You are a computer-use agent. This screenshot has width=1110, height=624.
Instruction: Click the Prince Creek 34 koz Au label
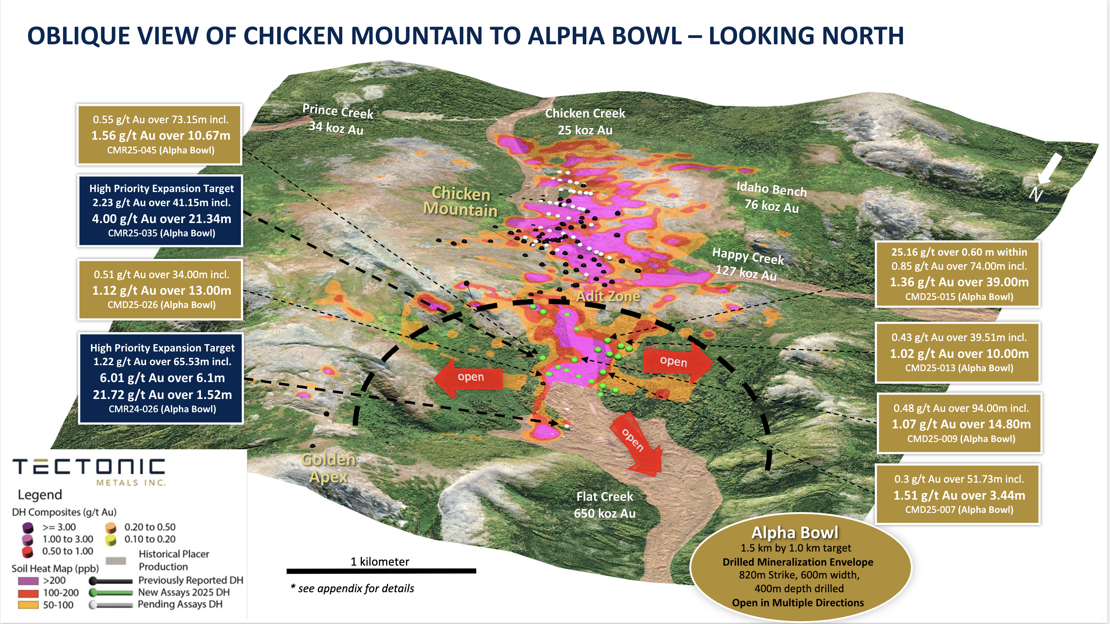pos(337,119)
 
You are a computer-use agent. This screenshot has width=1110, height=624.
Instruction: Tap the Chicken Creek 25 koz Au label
pos(585,122)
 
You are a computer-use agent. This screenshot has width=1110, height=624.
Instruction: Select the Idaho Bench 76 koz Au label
pos(771,197)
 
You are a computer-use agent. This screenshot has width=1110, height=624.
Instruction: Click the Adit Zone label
pos(608,296)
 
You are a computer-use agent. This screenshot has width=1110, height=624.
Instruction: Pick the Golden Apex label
pos(328,468)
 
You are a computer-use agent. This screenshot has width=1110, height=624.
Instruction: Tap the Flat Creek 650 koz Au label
pos(604,504)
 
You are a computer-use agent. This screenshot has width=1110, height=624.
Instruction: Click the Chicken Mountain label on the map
pos(460,201)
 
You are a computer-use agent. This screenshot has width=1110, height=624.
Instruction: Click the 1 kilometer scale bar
pos(381,570)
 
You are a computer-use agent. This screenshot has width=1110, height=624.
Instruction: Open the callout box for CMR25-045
pos(159,134)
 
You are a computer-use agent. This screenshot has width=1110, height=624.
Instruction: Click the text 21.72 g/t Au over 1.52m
pos(162,395)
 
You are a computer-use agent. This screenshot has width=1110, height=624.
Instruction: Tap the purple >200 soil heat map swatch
pos(28,581)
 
